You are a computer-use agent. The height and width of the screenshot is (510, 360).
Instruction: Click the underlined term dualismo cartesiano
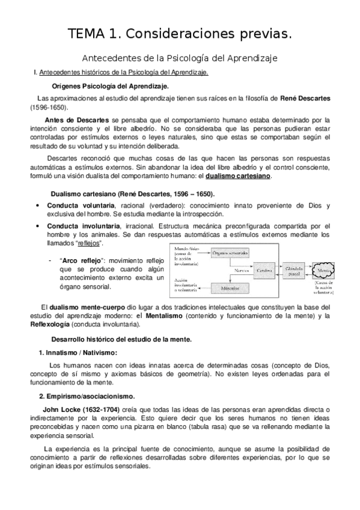pos(238,176)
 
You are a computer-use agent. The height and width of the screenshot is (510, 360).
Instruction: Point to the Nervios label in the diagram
pos(240,271)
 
